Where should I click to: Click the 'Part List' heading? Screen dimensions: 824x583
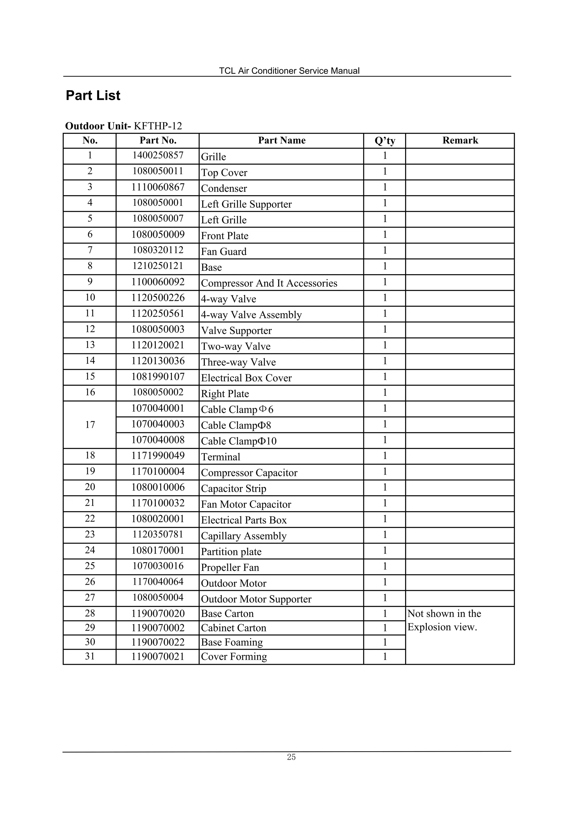click(x=93, y=96)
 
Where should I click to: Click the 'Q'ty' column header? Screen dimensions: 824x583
click(x=384, y=141)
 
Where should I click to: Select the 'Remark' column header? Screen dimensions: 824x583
click(x=460, y=140)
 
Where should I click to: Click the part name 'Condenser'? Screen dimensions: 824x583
click(x=224, y=188)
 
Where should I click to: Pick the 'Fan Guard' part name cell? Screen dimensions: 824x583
click(x=223, y=251)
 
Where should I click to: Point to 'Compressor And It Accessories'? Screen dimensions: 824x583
click(x=269, y=283)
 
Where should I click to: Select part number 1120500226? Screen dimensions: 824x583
click(x=158, y=298)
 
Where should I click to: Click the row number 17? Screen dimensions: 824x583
click(x=90, y=425)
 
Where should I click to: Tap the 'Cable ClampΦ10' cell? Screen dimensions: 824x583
click(x=239, y=441)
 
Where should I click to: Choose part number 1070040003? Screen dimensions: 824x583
click(x=158, y=424)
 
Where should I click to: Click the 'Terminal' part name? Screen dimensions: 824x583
click(x=221, y=457)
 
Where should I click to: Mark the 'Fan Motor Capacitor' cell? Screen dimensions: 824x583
click(x=246, y=504)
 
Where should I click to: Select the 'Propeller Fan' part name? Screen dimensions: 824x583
click(x=230, y=567)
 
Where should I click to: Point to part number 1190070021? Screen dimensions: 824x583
click(x=158, y=657)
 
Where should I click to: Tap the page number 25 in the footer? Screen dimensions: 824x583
click(x=291, y=757)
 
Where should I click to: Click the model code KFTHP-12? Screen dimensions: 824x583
click(x=158, y=126)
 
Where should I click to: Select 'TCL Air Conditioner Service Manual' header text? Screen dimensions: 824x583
click(x=289, y=71)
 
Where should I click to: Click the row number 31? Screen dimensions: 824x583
click(x=90, y=656)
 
